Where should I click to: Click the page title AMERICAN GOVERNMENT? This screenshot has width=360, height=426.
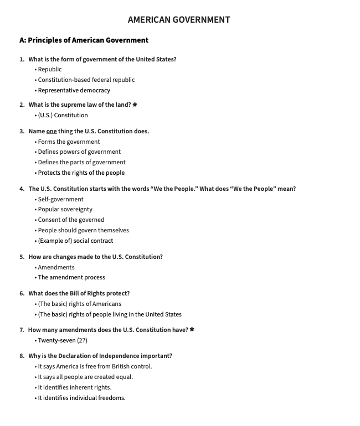pos(179,20)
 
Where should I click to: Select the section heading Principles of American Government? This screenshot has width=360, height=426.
pos(84,40)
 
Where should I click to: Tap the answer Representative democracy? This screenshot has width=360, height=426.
pos(74,90)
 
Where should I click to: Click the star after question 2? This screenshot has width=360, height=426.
pos(135,105)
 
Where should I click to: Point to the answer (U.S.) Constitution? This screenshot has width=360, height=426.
pos(63,115)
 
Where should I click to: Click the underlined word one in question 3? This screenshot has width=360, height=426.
pos(52,131)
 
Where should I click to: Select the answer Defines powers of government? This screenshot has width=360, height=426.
pos(79,152)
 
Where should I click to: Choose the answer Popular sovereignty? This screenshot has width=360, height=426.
pos(65,209)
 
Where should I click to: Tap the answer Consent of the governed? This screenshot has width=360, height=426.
pos(71,220)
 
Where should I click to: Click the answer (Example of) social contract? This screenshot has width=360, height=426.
pos(75,241)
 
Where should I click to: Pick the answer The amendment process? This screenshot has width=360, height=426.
pos(71,277)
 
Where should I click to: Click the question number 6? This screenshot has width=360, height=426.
pos(22,293)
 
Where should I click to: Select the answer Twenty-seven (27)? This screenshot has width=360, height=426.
pos(63,340)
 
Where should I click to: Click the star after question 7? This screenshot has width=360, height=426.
pos(192,330)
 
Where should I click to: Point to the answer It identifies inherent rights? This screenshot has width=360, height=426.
pos(74,387)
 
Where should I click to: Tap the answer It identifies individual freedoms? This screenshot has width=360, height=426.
pos(81,398)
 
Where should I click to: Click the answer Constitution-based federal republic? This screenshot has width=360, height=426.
pos(86,80)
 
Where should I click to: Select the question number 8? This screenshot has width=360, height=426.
pos(22,356)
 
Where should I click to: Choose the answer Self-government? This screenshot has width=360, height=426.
pos(60,199)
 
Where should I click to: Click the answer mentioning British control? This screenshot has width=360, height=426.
pos(95,366)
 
